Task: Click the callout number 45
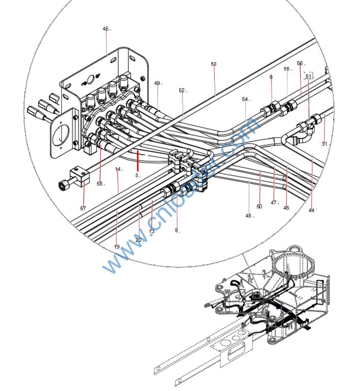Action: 105,29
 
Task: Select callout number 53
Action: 213,64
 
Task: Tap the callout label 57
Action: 83,208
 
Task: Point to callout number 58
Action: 100,184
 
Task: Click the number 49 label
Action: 157,83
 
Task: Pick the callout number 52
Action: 182,90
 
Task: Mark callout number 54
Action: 245,99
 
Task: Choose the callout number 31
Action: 325,144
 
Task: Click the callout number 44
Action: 312,210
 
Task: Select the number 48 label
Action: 248,216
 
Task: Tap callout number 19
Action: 117,247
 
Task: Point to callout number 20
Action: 138,240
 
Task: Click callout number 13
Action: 152,232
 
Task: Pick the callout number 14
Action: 118,169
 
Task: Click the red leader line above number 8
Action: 138,159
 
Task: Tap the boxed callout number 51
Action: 309,76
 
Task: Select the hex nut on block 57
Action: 63,186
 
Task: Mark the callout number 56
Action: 300,63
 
